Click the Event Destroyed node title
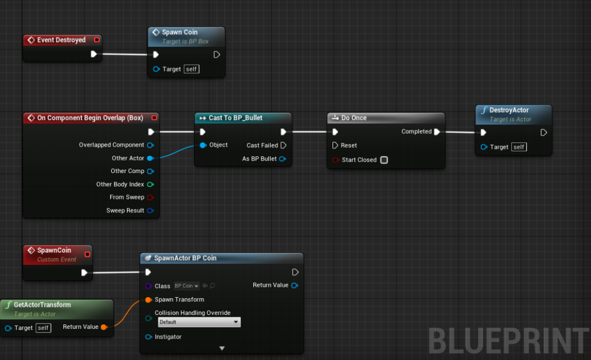61,40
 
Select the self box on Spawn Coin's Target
192,69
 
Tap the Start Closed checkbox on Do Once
384,160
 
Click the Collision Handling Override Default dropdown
199,322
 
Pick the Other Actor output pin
150,158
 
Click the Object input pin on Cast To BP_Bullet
203,145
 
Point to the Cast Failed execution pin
283,145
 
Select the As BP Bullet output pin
282,159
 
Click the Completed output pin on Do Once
437,132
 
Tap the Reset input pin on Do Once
335,145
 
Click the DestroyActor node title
509,110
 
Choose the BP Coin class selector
186,286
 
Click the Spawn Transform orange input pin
148,300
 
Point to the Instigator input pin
148,337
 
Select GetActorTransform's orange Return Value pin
104,327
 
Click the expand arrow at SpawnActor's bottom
222,348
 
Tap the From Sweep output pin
150,197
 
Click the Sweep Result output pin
150,211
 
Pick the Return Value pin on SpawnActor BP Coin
295,286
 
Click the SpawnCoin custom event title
54,250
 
